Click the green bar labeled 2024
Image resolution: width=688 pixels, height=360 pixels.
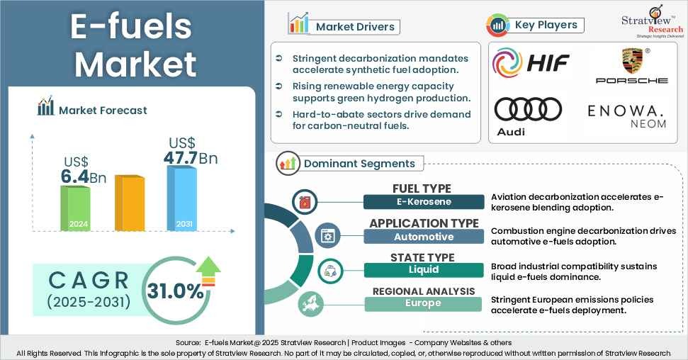click(x=74, y=208)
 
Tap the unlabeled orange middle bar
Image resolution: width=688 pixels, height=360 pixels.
click(x=129, y=203)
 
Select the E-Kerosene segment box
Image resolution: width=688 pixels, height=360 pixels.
click(x=423, y=201)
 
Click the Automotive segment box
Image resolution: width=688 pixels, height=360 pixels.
click(x=423, y=236)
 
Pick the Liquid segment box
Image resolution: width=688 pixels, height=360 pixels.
click(x=423, y=269)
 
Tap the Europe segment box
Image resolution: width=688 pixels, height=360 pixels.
click(x=423, y=303)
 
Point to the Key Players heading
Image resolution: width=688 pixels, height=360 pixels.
click(x=546, y=25)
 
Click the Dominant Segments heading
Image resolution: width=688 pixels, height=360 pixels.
click(x=359, y=164)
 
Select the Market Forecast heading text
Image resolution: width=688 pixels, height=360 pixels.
click(x=103, y=110)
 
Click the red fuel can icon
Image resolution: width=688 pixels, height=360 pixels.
click(x=305, y=201)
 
